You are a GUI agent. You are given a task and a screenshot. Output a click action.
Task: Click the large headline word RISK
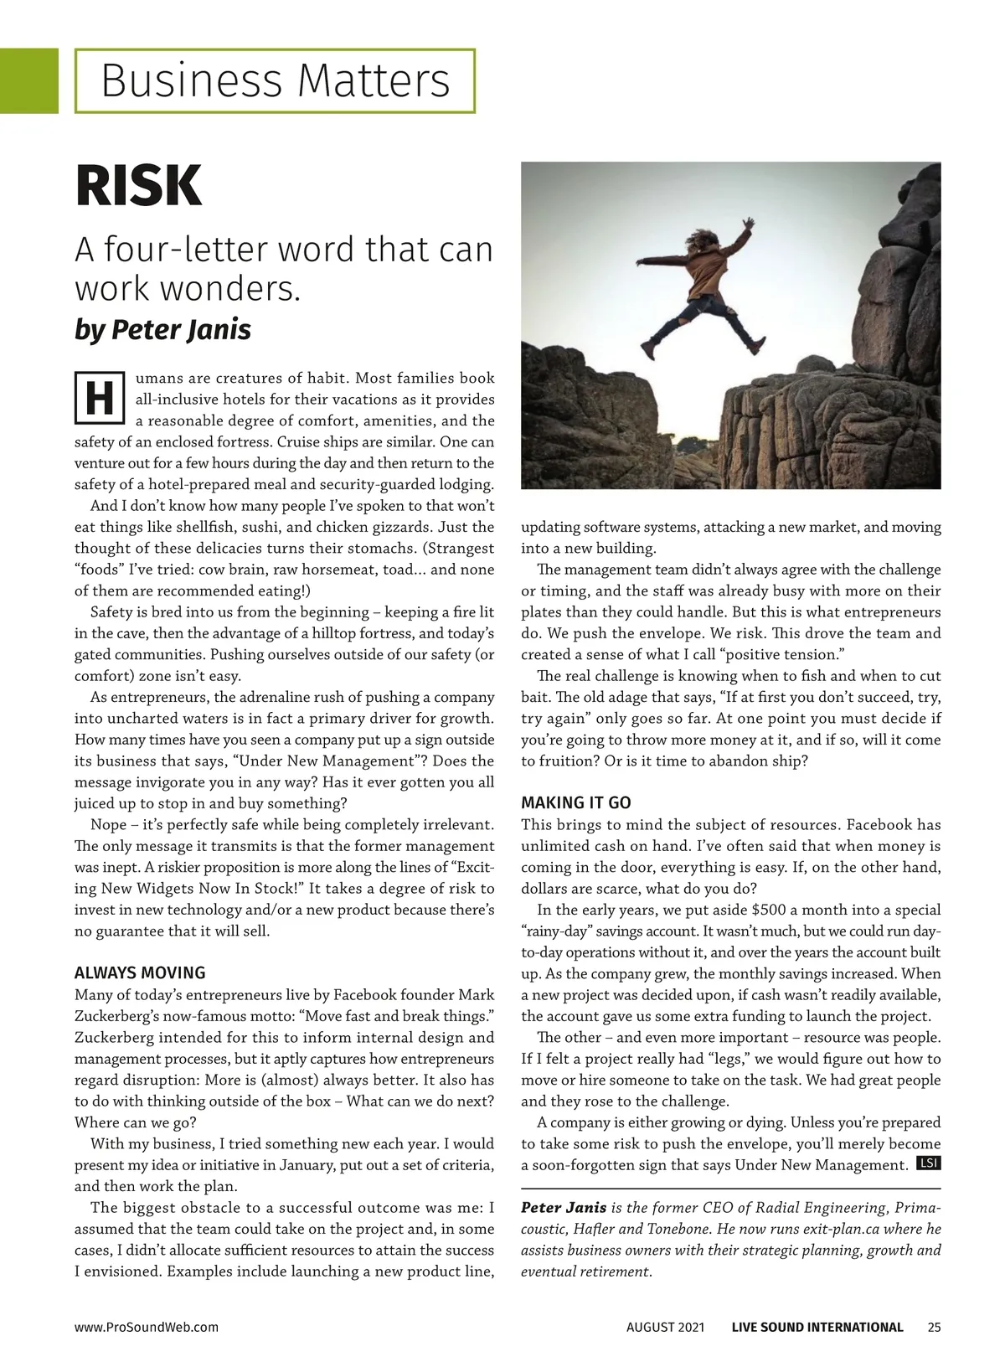click(139, 186)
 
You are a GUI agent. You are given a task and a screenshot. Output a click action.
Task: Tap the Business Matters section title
click(275, 80)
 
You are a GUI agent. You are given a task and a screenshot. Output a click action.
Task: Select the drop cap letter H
click(99, 399)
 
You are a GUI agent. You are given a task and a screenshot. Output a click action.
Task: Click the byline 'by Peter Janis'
click(162, 329)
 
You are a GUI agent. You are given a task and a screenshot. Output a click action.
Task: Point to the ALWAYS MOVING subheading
click(140, 972)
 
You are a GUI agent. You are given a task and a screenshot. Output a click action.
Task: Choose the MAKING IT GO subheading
click(576, 802)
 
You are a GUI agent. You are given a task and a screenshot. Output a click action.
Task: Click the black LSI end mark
click(929, 1163)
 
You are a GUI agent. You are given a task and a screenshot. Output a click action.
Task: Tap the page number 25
click(934, 1327)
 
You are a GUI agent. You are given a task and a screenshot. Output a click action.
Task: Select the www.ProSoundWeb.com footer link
click(147, 1327)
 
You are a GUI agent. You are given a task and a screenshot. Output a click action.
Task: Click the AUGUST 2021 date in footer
click(665, 1327)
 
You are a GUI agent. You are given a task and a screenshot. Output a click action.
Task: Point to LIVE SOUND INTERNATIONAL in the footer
click(817, 1327)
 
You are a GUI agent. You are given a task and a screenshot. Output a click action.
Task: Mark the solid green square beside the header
click(28, 80)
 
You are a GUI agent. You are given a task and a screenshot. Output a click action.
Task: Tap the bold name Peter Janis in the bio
click(564, 1208)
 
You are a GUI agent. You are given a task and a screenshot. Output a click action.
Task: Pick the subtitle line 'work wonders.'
click(187, 288)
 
